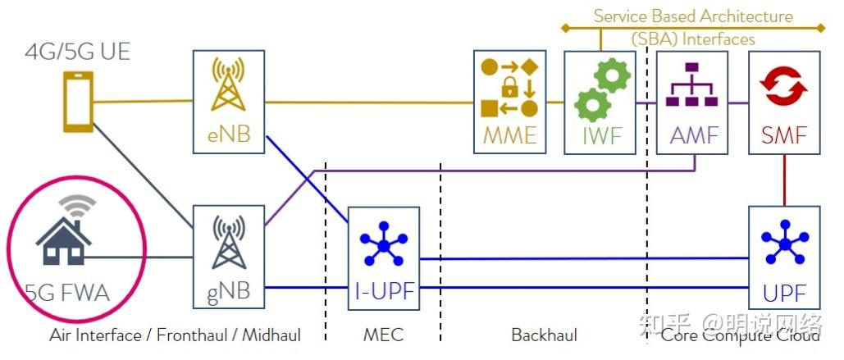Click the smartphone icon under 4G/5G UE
(80, 102)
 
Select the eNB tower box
(229, 102)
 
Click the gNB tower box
(229, 257)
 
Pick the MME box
(509, 102)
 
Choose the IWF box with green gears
(601, 102)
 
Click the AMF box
(693, 102)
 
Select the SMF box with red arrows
(785, 102)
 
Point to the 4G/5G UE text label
(77, 53)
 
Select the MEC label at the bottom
(384, 335)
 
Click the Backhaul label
(544, 335)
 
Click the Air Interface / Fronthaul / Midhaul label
(175, 335)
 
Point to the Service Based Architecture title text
(693, 16)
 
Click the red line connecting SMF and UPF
(785, 180)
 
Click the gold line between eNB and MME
(369, 103)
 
